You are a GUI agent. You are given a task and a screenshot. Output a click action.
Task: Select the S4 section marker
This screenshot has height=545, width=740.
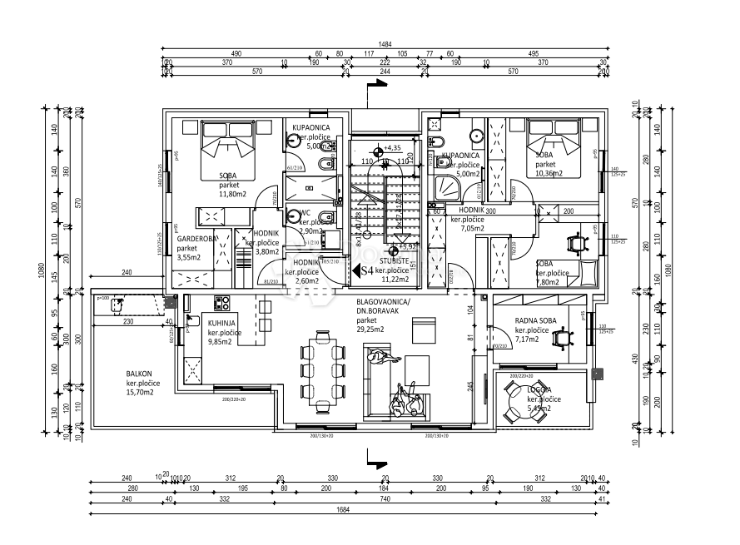363,270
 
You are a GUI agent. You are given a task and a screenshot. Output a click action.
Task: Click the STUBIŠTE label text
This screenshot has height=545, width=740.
390,261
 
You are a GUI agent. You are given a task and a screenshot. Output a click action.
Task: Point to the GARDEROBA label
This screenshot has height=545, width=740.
196,238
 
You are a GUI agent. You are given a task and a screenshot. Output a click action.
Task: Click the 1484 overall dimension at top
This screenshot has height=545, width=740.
385,45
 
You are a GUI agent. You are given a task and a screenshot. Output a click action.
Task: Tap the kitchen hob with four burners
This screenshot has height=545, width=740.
222,303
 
